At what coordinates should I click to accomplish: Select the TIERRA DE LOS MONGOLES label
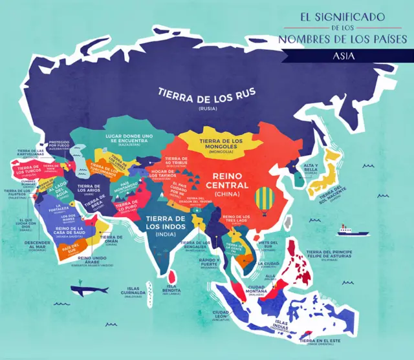click(221, 144)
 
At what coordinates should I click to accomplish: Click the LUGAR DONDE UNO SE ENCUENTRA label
click(129, 140)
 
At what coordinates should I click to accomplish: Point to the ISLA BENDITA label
click(171, 290)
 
